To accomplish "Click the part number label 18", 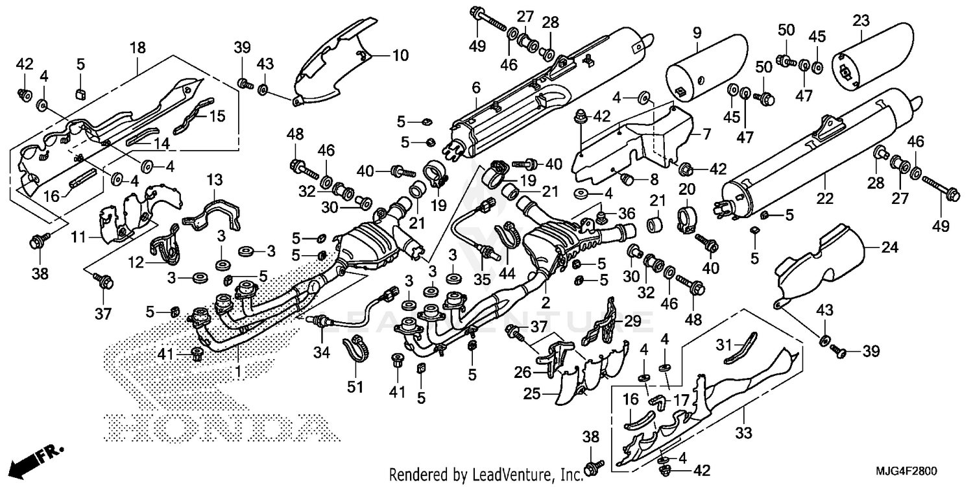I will coord(138,47).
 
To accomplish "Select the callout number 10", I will coord(400,56).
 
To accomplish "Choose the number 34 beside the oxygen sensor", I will coord(322,353).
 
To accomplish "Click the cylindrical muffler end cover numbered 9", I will coord(704,71).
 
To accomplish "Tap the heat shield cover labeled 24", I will coord(824,266).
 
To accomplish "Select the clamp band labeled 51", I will coord(354,351).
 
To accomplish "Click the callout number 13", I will coord(215,179).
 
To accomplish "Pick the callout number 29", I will coord(632,320).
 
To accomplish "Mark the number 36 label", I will coord(627,212).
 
